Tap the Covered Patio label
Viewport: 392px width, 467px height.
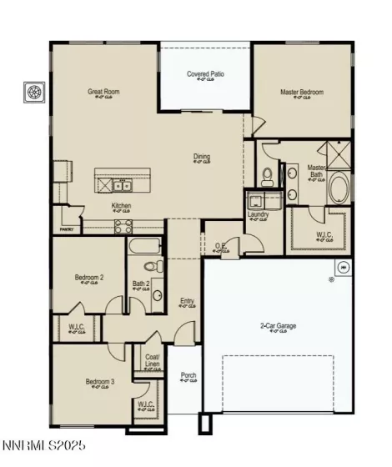[x=205, y=74]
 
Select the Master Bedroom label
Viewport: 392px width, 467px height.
[x=302, y=92]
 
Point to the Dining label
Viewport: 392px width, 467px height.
[x=202, y=156]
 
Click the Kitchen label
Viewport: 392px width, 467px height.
[x=122, y=205]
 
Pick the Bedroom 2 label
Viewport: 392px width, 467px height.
[x=89, y=277]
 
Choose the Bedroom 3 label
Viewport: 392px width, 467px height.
[x=99, y=382]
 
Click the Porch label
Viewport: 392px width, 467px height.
[x=188, y=375]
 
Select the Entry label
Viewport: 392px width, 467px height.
[x=188, y=302]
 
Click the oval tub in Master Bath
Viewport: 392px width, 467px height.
[x=340, y=190]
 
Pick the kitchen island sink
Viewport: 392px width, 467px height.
[x=123, y=185]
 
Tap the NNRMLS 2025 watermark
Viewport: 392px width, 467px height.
[x=43, y=447]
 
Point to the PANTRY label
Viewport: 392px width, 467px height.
[x=67, y=229]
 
